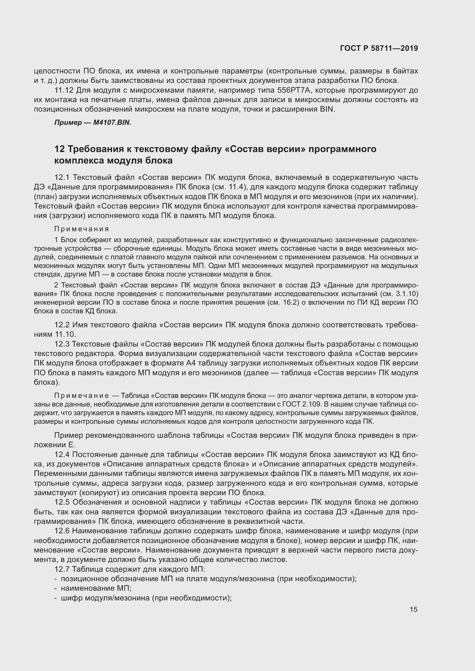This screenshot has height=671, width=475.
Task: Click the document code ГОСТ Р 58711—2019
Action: coord(379,48)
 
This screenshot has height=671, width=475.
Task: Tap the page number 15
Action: coord(413,609)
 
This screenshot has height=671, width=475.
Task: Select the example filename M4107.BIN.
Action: coord(112,123)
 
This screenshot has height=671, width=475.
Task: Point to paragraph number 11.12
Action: coord(63,90)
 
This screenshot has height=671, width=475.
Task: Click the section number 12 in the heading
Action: coord(59,149)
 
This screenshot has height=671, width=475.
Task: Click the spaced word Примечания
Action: coord(82,229)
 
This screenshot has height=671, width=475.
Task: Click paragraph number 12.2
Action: coord(62,325)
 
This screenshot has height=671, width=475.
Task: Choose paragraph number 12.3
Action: coord(62,344)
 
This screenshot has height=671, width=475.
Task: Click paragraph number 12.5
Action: coord(62,502)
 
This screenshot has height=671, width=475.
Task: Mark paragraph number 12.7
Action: coord(62,569)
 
